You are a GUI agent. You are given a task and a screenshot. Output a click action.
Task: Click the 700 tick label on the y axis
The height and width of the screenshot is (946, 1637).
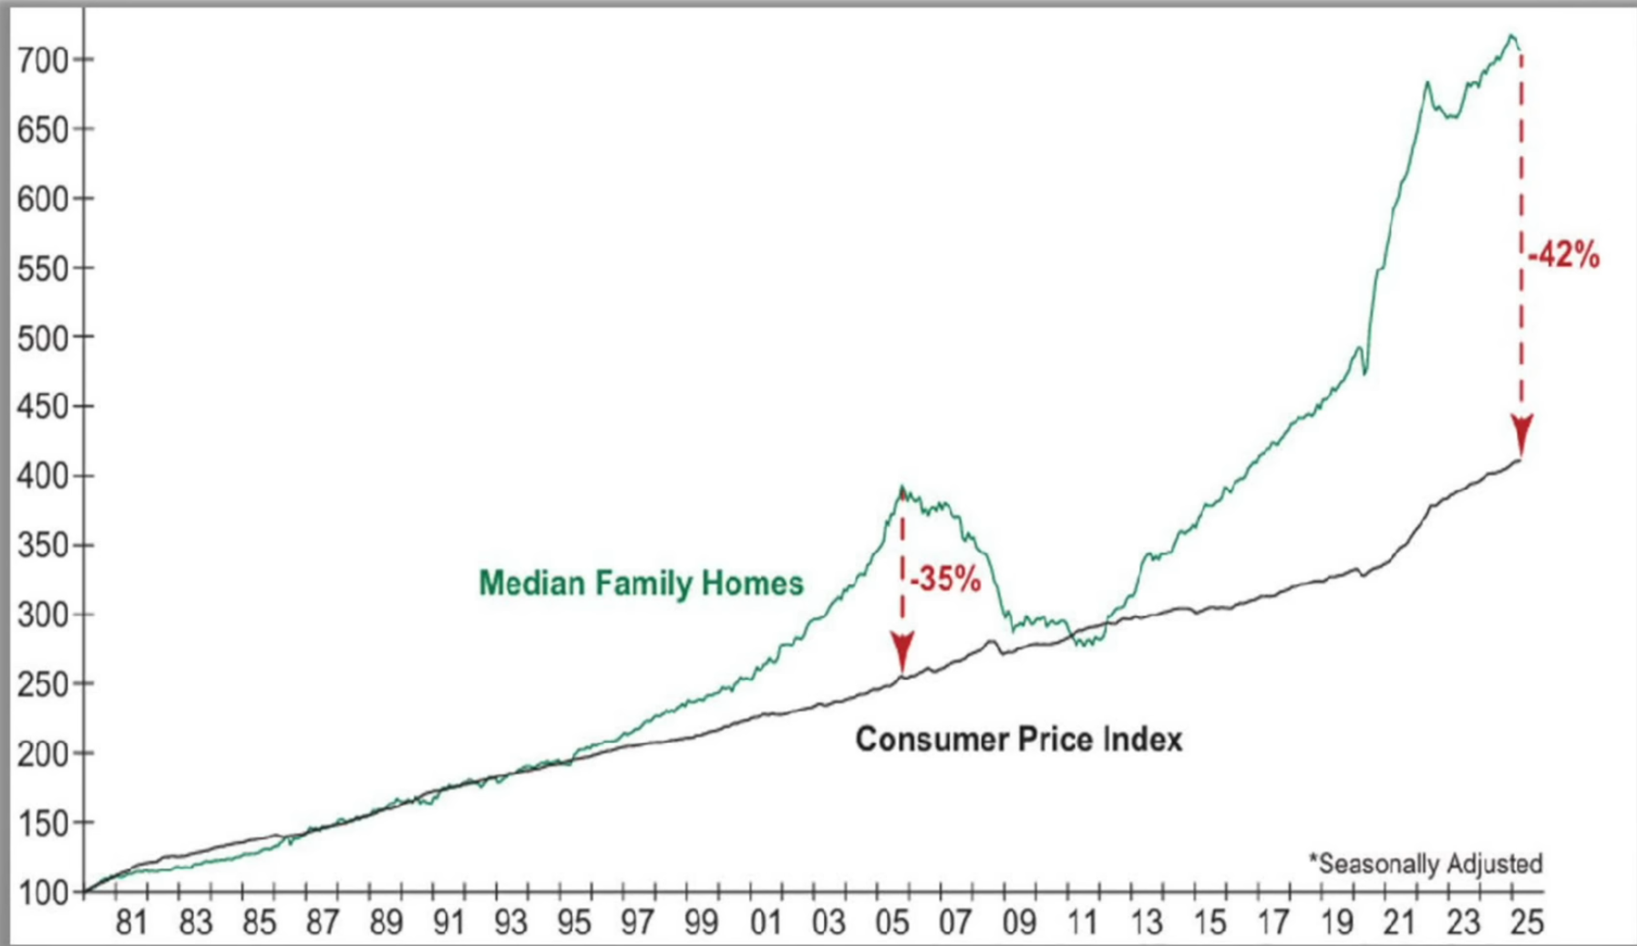(42, 61)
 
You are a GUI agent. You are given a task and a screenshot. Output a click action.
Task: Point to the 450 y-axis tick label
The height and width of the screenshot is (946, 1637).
(42, 407)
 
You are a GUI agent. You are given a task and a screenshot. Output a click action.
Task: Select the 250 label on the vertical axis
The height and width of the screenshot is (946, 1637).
(42, 684)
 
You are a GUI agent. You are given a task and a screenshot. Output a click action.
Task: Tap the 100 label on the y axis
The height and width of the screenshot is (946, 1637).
(42, 892)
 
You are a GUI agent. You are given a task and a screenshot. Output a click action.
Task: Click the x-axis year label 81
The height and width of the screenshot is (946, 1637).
(131, 923)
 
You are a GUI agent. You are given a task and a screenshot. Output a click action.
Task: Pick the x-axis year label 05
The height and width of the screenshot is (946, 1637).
(892, 923)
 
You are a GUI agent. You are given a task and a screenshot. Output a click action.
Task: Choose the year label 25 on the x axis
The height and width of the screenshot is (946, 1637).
(1527, 923)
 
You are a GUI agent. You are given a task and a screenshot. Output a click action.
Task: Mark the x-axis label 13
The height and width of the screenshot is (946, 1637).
(1146, 923)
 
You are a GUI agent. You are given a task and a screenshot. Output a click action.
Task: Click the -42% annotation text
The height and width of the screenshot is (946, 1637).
(1563, 256)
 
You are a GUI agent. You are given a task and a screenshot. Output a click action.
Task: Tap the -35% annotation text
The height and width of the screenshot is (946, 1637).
(945, 579)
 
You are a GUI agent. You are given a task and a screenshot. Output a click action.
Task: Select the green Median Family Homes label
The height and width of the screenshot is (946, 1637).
(641, 583)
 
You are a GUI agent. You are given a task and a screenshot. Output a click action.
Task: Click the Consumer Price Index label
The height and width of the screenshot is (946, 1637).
(1018, 739)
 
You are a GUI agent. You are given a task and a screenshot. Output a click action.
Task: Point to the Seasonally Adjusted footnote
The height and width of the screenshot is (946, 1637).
(1426, 863)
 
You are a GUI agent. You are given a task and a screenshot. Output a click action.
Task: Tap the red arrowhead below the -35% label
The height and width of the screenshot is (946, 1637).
(902, 653)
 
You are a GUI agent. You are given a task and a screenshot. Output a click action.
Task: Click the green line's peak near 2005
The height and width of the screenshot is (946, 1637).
(901, 488)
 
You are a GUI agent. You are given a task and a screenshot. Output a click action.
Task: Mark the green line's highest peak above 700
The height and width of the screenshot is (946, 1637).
(1511, 36)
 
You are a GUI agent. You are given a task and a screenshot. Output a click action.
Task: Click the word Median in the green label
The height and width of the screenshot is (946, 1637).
(532, 583)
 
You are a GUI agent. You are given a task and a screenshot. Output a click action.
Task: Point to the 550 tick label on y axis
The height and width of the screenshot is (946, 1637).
(42, 269)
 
